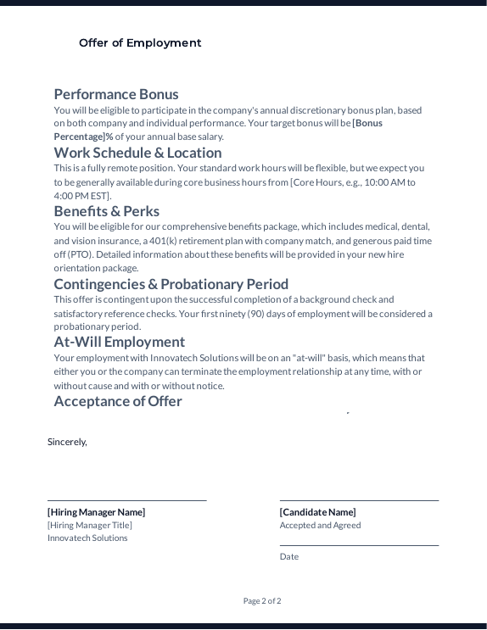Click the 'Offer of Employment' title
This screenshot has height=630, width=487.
(140, 43)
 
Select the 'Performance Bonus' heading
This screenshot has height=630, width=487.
(116, 94)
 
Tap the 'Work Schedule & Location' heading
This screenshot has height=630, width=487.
(137, 153)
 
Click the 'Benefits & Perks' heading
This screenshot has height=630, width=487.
(106, 211)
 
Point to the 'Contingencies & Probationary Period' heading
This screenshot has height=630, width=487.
(171, 284)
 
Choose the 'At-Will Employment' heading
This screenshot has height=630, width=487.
(119, 342)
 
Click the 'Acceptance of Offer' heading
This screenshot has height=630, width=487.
(117, 401)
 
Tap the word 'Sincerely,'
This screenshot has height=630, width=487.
(67, 442)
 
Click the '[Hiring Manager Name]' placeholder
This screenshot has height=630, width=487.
(96, 512)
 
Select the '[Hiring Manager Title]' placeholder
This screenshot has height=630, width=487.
(90, 525)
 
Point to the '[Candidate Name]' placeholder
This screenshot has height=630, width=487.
(317, 512)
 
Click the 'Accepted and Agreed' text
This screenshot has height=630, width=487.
(320, 525)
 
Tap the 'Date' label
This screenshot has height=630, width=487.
(288, 556)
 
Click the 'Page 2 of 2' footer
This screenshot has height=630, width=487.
(262, 601)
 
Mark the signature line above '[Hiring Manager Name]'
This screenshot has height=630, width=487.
(127, 500)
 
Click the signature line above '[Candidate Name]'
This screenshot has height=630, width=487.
(359, 500)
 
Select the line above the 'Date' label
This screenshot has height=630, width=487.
(359, 545)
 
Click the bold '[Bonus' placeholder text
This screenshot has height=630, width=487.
(367, 124)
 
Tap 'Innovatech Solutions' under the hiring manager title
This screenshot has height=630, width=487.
(87, 538)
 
